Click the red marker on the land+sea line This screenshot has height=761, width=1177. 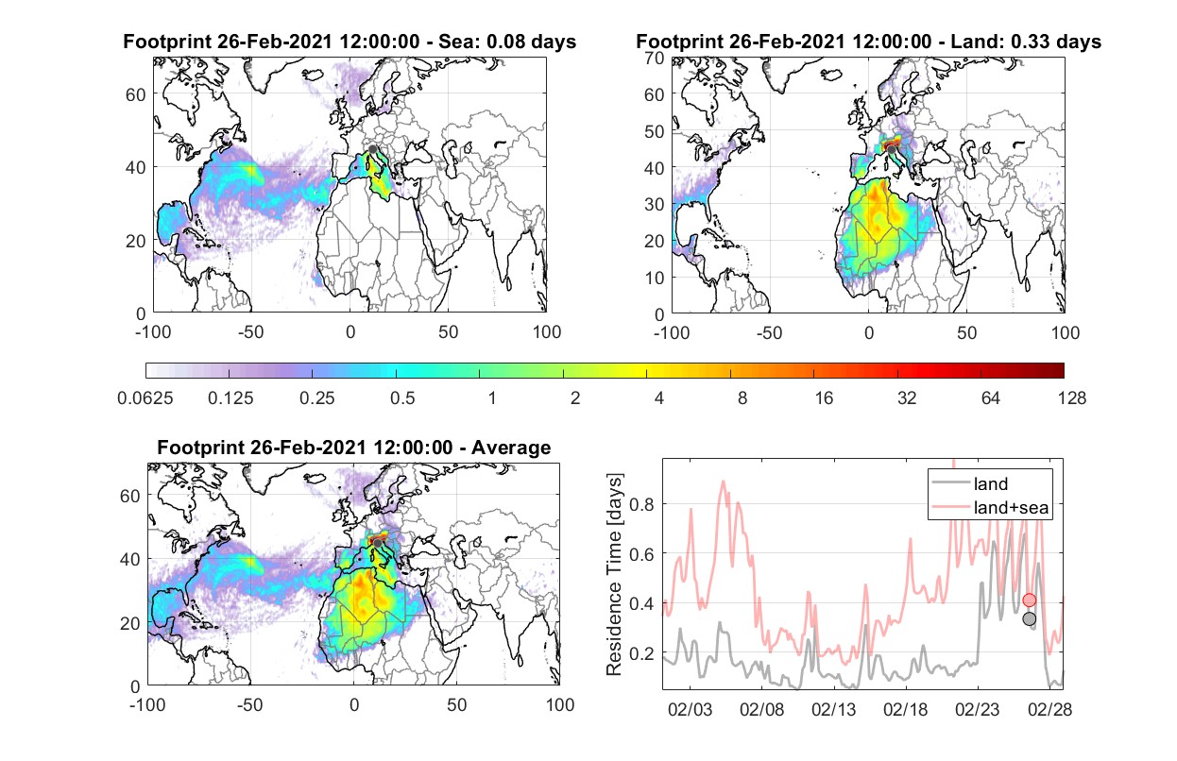coord(1030,600)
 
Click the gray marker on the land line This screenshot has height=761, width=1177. coord(1030,619)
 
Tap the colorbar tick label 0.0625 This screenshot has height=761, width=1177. coord(145,398)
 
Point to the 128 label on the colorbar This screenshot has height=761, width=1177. coord(1071,398)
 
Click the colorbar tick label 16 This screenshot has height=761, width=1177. coord(824,398)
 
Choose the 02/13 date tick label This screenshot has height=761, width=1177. coord(833,709)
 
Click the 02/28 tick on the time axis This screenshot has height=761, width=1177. coord(1049,709)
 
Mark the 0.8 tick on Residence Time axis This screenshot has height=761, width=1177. coord(642,504)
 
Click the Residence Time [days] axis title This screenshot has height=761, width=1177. coord(614,575)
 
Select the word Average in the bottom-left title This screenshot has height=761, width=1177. coord(511,448)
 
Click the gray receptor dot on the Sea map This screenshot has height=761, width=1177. coord(373,149)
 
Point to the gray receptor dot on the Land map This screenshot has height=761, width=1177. coord(892,150)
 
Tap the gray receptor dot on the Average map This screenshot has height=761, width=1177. coord(377,543)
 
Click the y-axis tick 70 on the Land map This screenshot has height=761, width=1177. coord(655,58)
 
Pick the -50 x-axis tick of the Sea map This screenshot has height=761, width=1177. coord(251,332)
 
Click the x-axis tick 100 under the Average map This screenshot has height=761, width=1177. coord(560,704)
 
